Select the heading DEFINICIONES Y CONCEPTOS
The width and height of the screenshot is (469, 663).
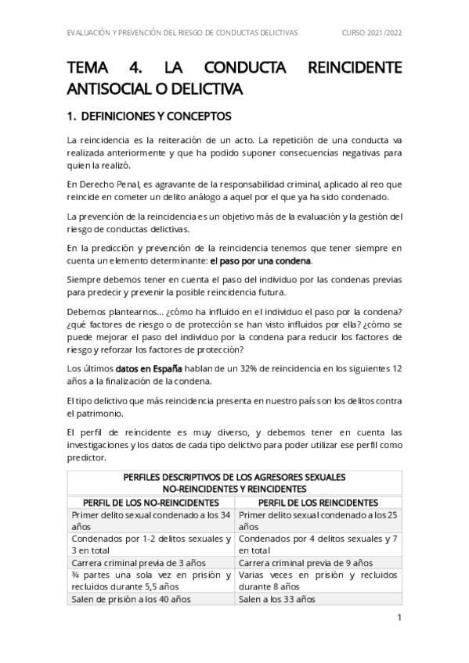tap(156, 117)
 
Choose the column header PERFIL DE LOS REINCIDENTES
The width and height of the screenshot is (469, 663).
tap(318, 502)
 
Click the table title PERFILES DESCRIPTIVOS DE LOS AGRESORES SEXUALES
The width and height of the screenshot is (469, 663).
tap(235, 477)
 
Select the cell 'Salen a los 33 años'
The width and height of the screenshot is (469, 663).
tap(277, 600)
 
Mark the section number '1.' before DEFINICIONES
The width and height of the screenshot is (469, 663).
tap(74, 117)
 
